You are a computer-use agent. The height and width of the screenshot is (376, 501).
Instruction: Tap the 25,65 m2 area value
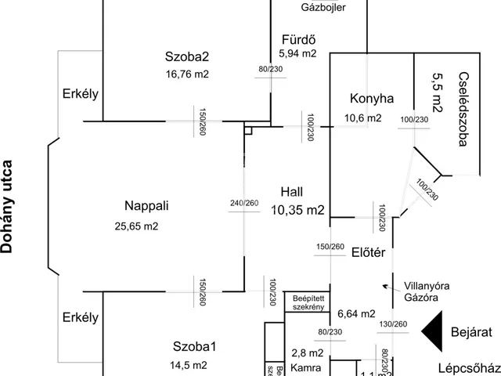tap(136, 226)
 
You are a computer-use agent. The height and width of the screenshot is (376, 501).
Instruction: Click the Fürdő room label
tap(297, 39)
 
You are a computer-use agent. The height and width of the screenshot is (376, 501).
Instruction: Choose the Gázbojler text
tap(323, 8)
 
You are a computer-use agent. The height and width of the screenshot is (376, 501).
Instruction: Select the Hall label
tap(290, 192)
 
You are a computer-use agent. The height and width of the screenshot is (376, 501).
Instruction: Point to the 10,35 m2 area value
tap(298, 209)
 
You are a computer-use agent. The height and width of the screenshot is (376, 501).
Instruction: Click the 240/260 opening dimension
tap(243, 204)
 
